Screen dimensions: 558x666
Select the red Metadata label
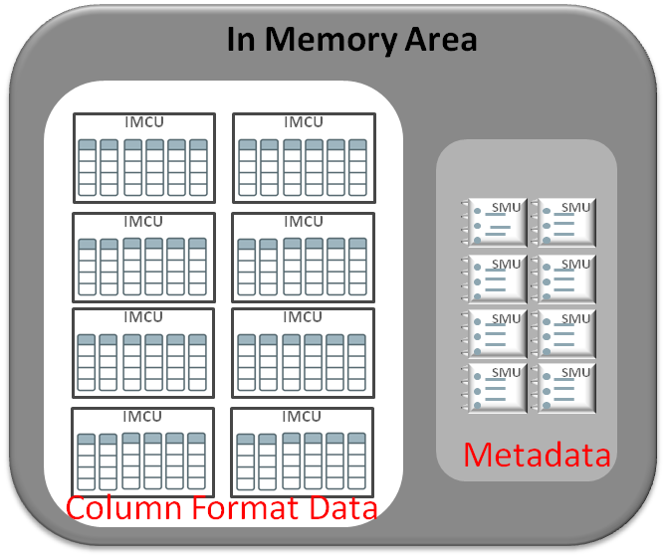(537, 456)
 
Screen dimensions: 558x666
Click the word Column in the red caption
(124, 508)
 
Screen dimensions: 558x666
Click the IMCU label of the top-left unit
(144, 121)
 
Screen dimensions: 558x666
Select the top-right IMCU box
(304, 158)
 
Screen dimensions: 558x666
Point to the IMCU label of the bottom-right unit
(303, 414)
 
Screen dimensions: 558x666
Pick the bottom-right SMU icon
(564, 387)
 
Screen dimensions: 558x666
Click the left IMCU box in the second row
(144, 256)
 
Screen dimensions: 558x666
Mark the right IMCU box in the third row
(304, 353)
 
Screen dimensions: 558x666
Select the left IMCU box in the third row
(144, 353)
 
